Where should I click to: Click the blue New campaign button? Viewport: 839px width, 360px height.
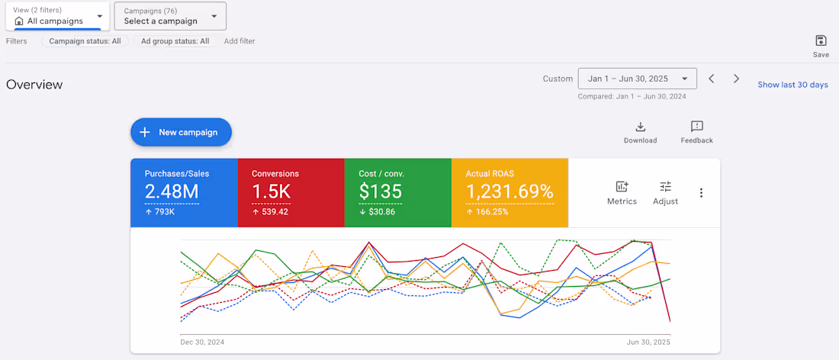(x=181, y=132)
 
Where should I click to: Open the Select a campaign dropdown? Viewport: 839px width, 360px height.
(x=170, y=16)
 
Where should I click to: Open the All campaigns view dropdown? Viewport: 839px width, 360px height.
(x=57, y=16)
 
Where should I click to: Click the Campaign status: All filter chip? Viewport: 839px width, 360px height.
(x=85, y=41)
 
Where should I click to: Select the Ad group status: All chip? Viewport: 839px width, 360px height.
(x=175, y=41)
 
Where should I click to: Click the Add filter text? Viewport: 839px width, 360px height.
(x=239, y=41)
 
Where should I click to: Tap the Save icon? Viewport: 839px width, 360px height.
(x=821, y=41)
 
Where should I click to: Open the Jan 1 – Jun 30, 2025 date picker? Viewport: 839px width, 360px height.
(x=637, y=79)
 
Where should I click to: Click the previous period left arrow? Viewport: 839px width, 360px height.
(x=711, y=79)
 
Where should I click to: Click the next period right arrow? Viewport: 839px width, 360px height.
(x=736, y=79)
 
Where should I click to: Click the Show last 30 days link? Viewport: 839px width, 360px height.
(x=792, y=85)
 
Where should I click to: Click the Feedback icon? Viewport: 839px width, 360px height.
(x=696, y=127)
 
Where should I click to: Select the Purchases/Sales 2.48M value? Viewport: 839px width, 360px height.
(x=172, y=191)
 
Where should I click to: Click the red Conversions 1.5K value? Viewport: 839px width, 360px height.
(x=272, y=191)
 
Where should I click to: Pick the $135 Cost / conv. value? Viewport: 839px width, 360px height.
(x=380, y=191)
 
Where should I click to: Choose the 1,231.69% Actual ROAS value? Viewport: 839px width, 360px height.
(x=510, y=191)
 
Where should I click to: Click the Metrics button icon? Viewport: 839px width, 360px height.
(x=622, y=187)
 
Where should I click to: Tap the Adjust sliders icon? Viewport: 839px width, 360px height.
(x=665, y=187)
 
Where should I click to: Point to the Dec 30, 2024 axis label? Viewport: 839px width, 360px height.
(x=201, y=342)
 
